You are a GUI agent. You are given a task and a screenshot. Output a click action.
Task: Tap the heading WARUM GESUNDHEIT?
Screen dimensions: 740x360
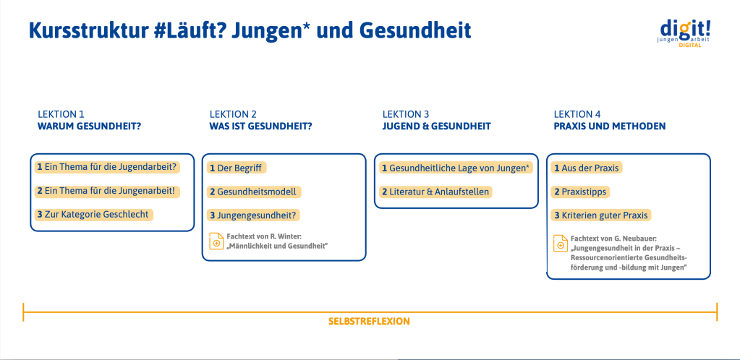point(89,127)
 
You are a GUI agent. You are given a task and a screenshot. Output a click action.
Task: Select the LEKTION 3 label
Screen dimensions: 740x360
point(406,114)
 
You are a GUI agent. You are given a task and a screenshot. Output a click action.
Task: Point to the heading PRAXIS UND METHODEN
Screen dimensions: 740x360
point(610,127)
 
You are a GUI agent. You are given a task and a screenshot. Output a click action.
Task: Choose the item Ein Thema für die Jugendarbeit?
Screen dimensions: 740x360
point(109,167)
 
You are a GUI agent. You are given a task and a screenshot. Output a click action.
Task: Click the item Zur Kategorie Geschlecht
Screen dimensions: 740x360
point(94,215)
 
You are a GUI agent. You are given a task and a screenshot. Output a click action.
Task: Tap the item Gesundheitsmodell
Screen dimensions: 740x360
point(254,192)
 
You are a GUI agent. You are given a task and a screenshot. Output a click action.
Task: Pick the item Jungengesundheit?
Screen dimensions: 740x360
point(253,215)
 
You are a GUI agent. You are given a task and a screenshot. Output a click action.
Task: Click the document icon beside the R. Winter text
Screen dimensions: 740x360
point(216,241)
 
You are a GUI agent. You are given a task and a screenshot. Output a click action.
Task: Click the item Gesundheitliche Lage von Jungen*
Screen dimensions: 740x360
point(456,168)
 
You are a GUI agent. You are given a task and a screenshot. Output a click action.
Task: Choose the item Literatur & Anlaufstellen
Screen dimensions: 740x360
point(435,192)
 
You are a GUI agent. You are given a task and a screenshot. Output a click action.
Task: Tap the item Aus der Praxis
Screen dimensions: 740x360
point(587,168)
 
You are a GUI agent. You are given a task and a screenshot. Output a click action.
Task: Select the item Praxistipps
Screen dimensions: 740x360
point(580,192)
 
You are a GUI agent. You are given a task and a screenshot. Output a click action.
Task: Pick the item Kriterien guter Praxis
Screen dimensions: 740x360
point(601,215)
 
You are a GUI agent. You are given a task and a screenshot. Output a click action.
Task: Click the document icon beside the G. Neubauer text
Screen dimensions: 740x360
point(560,244)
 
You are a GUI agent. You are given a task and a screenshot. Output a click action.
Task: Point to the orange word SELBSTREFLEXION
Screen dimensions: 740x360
point(369,322)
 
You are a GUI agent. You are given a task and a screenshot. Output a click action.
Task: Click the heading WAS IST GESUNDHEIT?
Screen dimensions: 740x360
point(261,127)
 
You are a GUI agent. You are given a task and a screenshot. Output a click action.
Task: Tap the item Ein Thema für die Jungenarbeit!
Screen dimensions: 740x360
point(108,191)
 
